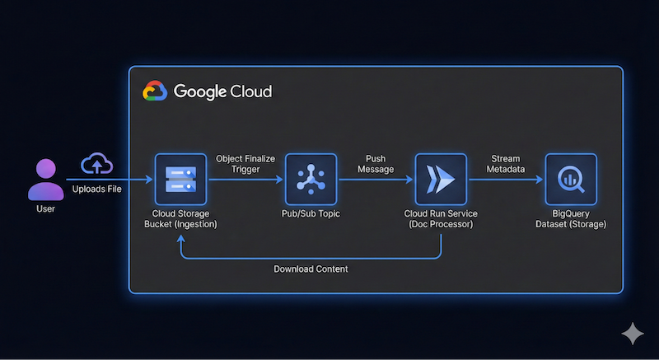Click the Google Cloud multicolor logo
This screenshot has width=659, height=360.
pos(154,91)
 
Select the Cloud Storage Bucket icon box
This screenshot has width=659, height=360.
pos(179,179)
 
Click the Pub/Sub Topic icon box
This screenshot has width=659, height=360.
pos(311,179)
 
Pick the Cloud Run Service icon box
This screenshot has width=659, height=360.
pos(442,179)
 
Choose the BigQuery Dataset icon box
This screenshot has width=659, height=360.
pos(570,179)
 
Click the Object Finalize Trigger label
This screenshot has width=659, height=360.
pos(245,162)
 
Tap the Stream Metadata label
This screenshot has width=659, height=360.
pos(505,162)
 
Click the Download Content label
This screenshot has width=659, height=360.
pos(311,269)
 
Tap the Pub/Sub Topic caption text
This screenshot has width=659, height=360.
pos(311,213)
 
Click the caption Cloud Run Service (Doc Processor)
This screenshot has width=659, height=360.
pos(442,218)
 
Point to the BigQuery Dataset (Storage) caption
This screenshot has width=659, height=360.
pos(570,218)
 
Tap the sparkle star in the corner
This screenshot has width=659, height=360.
pos(632,334)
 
